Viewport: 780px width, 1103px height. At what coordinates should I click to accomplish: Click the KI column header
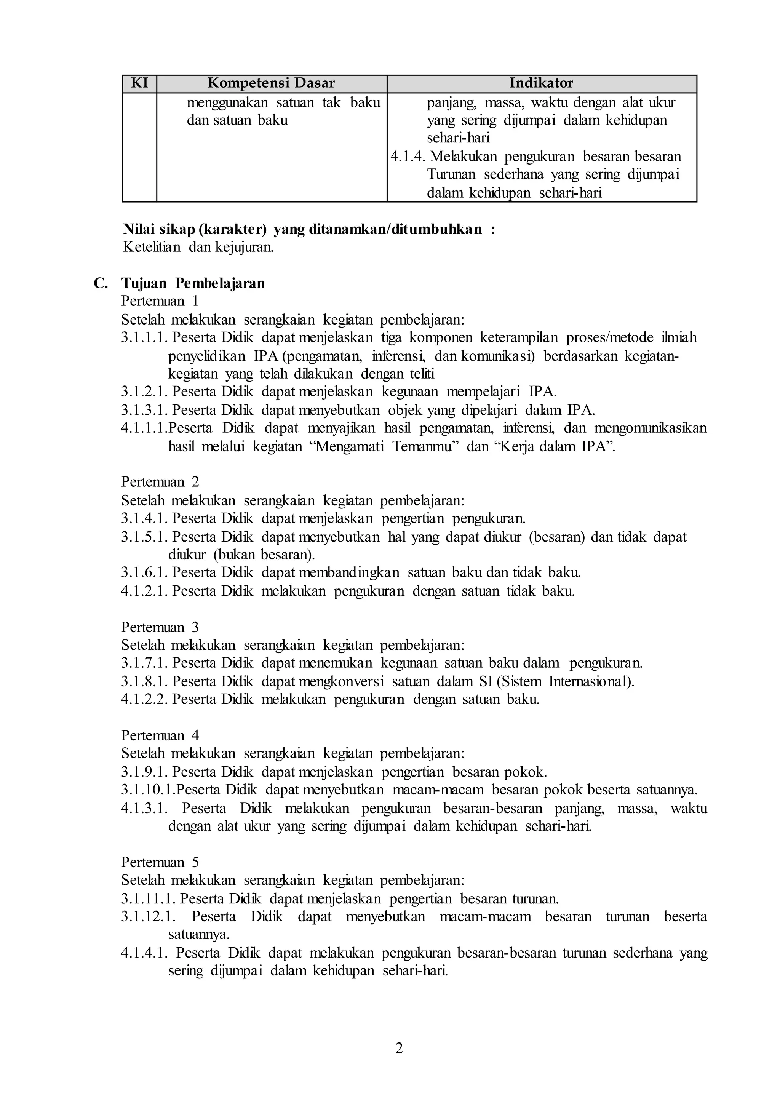click(x=139, y=83)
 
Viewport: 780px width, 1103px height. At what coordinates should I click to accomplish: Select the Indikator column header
click(x=541, y=83)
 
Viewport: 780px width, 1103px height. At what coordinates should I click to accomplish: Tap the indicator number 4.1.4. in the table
click(x=408, y=157)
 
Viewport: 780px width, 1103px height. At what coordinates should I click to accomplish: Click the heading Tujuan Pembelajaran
click(x=193, y=283)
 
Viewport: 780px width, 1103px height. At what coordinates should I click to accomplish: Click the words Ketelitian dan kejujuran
click(x=198, y=248)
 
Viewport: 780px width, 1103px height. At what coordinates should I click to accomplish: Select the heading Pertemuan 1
click(x=160, y=301)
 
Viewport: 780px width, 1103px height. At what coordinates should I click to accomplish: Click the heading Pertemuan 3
click(x=160, y=627)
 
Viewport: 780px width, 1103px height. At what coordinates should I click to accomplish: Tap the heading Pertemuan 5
click(x=160, y=862)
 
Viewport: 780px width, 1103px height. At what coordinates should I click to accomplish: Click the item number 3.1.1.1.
click(x=144, y=338)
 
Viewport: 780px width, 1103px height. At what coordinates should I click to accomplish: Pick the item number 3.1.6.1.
click(x=144, y=572)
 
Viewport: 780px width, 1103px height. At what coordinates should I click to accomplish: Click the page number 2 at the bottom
click(x=399, y=1048)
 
